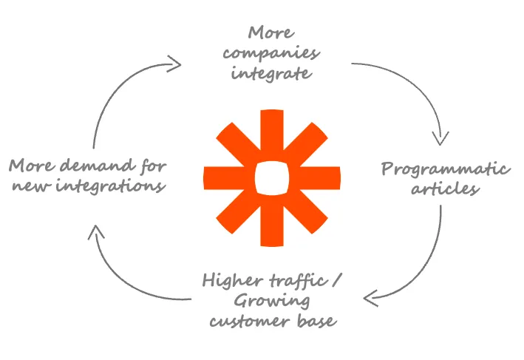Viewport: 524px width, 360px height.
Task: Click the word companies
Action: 271,54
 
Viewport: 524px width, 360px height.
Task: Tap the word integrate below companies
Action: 270,74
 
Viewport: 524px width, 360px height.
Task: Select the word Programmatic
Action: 446,169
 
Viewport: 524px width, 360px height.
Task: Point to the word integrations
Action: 111,185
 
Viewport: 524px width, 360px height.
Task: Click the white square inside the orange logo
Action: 271,177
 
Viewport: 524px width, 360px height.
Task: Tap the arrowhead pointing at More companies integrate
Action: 174,63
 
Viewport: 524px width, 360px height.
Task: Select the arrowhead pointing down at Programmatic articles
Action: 442,137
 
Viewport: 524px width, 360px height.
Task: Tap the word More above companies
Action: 271,34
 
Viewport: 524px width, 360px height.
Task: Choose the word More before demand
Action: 33,165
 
